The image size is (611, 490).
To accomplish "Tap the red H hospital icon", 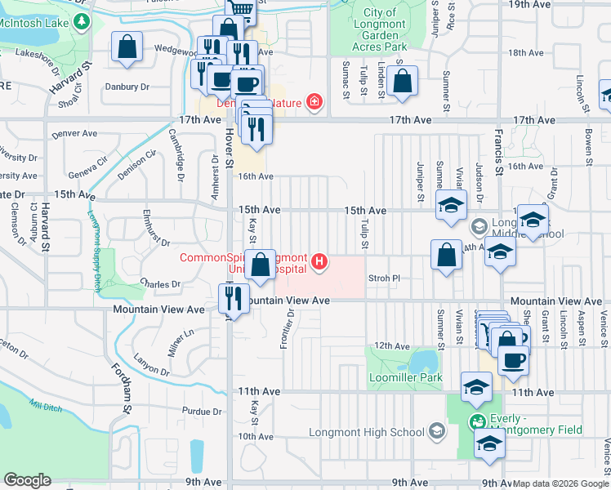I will [x=320, y=262].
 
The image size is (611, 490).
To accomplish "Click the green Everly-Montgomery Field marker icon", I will [x=476, y=423].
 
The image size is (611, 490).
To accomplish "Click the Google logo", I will [x=27, y=480].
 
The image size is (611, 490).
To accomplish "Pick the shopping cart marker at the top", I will [x=241, y=8].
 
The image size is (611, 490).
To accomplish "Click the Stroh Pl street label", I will [x=384, y=278].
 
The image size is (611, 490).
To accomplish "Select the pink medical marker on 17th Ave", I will [x=314, y=102].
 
